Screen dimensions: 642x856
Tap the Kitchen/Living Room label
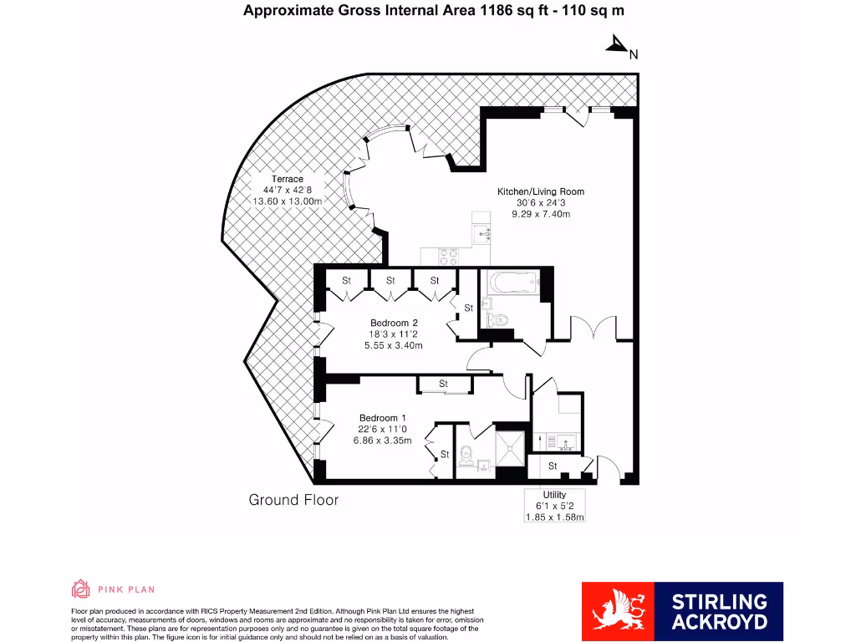(x=541, y=191)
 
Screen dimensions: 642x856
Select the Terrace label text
(x=287, y=179)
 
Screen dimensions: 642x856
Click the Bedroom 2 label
(x=394, y=323)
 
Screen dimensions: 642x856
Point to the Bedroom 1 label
(x=382, y=418)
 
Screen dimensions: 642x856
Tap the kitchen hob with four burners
(x=448, y=256)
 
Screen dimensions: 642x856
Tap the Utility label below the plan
(x=554, y=495)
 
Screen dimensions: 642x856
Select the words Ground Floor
(x=293, y=500)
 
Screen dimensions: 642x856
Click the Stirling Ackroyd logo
(x=682, y=610)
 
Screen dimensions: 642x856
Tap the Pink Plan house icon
(x=81, y=589)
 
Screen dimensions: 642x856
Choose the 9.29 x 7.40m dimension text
(x=541, y=215)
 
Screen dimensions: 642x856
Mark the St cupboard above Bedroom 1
(x=444, y=384)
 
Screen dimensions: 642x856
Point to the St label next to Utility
(x=553, y=466)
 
